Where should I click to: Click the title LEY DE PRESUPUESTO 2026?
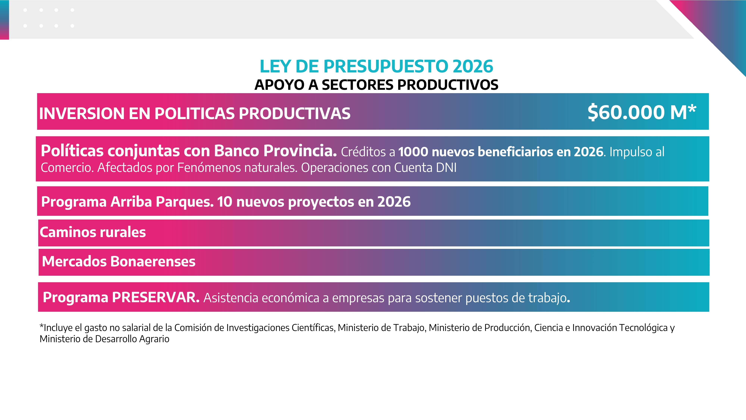pos(376,66)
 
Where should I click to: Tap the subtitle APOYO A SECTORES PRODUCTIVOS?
pos(376,85)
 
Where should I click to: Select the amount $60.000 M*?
pos(642,112)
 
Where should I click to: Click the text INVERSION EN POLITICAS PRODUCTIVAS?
pos(195,113)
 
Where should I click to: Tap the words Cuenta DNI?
pos(425,168)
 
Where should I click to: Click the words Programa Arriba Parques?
pos(127,202)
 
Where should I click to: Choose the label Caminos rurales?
pos(93,232)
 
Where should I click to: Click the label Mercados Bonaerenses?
pos(119,262)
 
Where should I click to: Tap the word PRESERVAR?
pos(156,297)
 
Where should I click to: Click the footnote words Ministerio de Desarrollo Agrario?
pos(105,339)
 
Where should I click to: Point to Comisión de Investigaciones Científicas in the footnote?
pos(255,328)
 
